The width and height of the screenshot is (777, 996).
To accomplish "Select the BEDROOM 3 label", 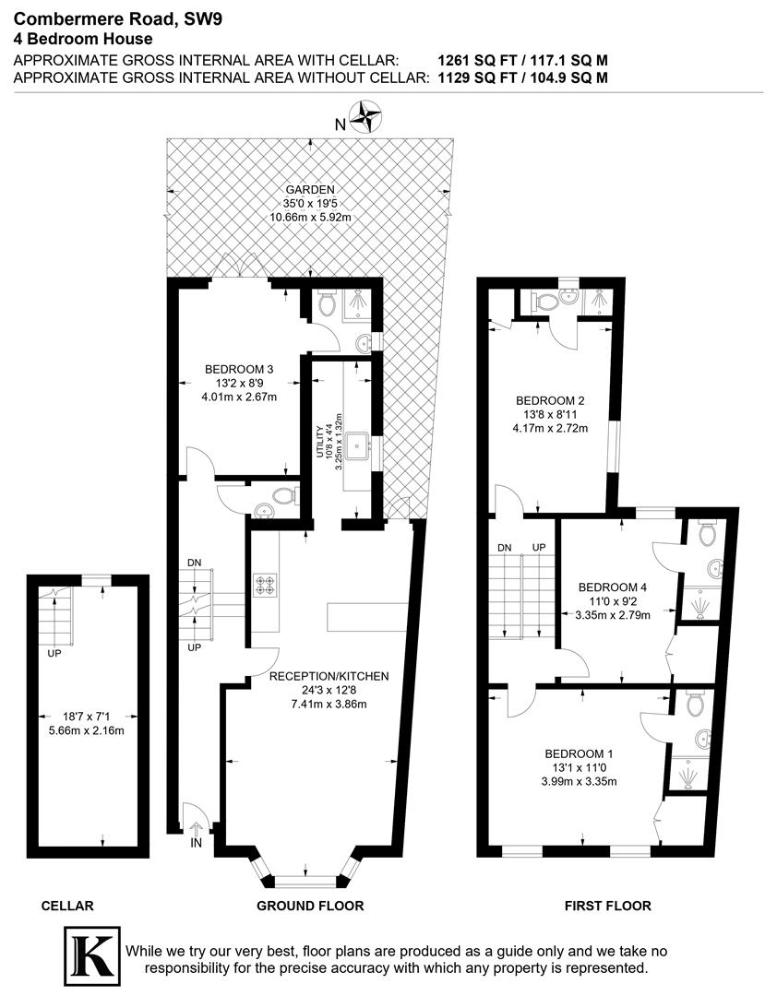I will pyautogui.click(x=239, y=370).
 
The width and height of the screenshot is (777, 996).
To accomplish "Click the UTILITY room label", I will pyautogui.click(x=321, y=442).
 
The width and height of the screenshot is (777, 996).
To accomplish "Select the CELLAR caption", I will pyautogui.click(x=67, y=906).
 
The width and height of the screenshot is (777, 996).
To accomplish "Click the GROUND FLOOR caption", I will pyautogui.click(x=310, y=906).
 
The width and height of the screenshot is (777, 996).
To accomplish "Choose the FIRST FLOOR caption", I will pyautogui.click(x=608, y=906).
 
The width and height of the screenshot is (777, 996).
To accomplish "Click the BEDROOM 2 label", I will pyautogui.click(x=550, y=400).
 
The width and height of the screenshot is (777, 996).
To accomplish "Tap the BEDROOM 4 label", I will pyautogui.click(x=613, y=587).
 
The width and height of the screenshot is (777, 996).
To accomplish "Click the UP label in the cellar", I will pyautogui.click(x=54, y=652).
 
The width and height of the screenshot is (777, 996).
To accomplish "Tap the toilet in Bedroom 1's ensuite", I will pyautogui.click(x=697, y=704).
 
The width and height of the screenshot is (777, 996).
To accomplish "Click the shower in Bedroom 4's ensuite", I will pyautogui.click(x=699, y=604).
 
